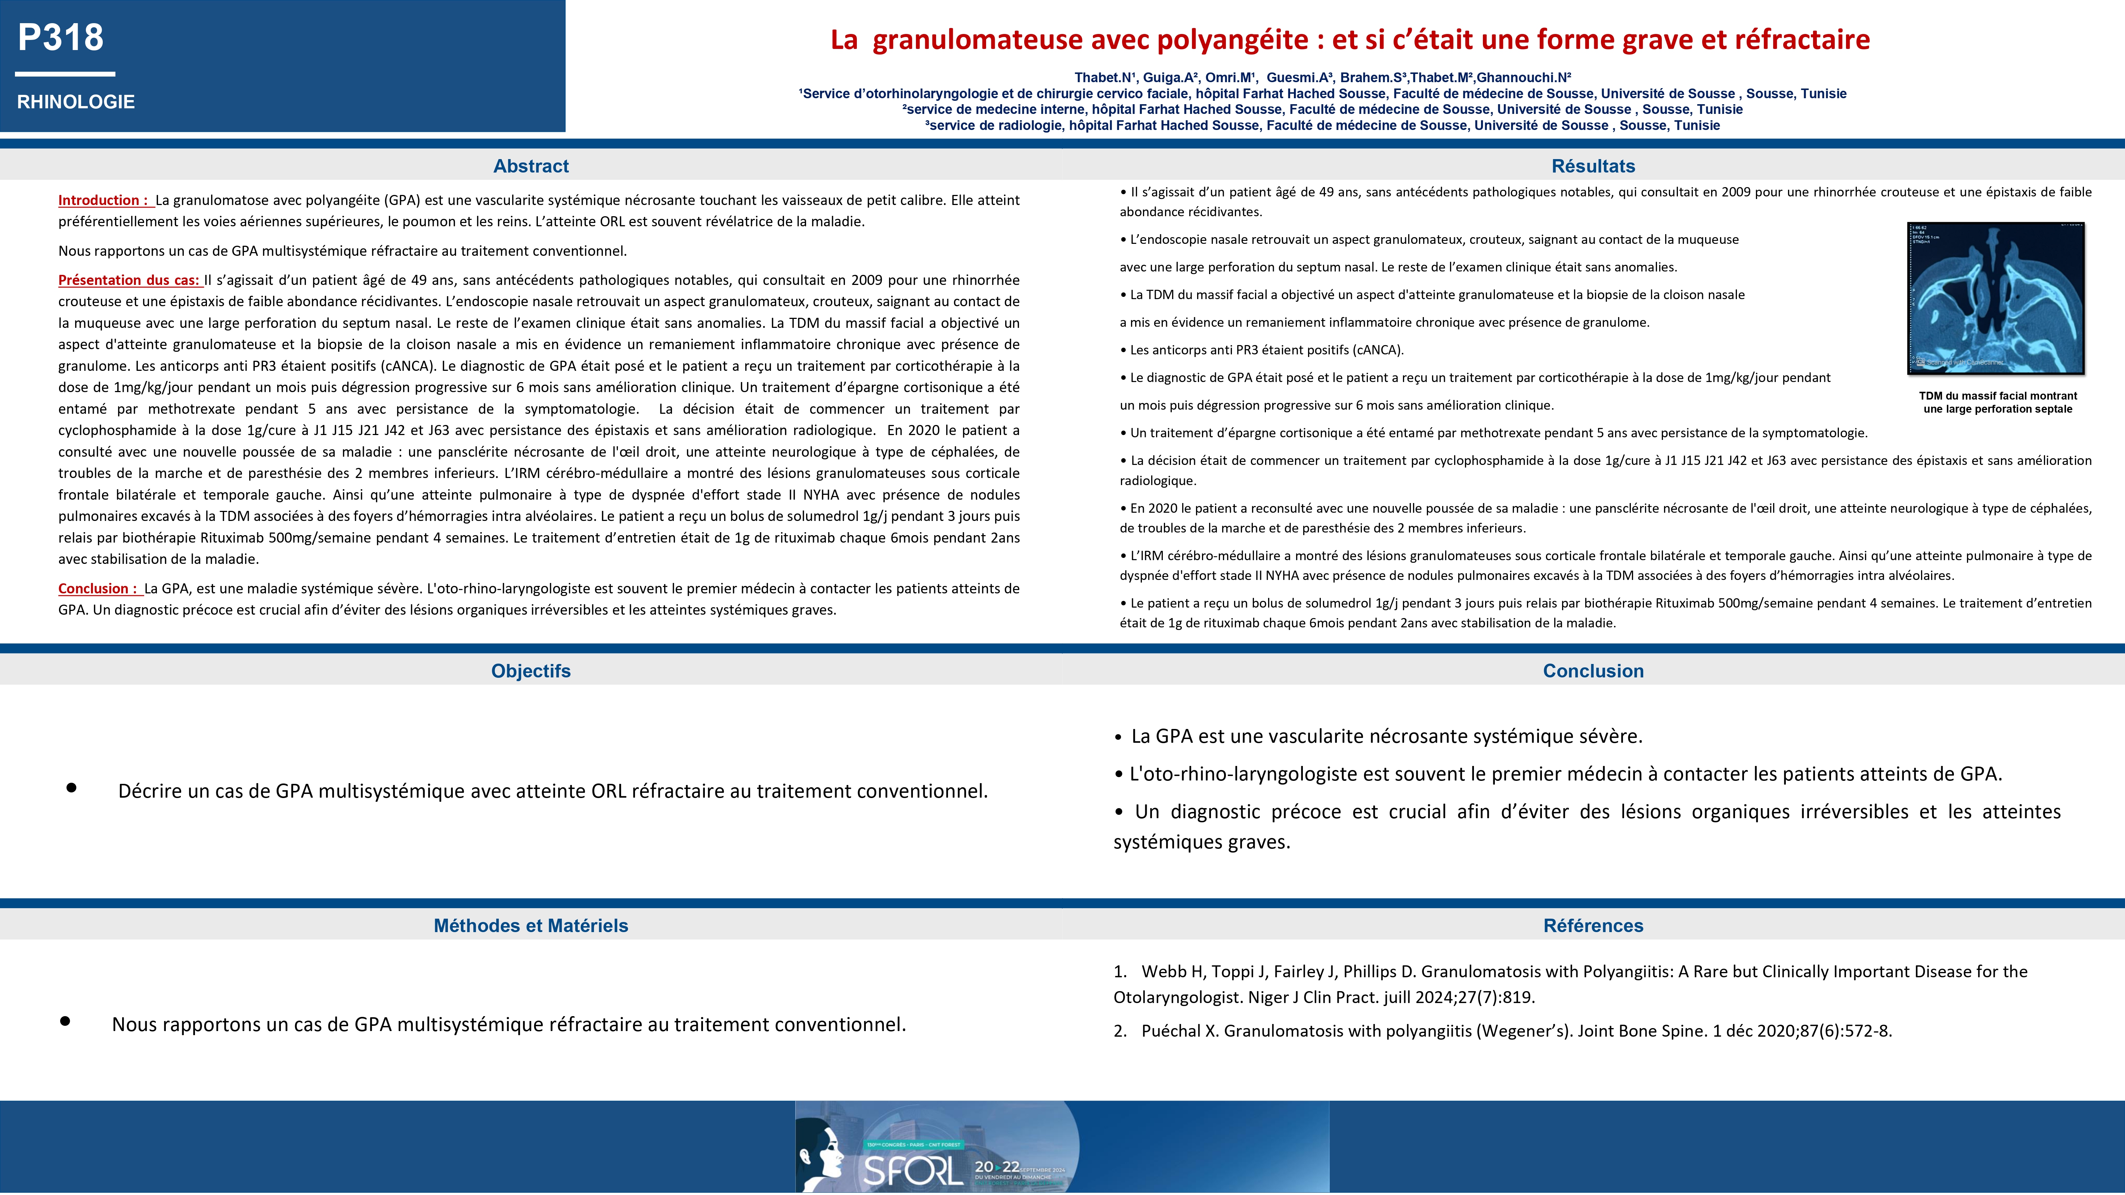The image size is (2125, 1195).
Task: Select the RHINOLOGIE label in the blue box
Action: pos(76,102)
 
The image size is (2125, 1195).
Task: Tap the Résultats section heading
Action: pos(1593,166)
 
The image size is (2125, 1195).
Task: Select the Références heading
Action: pos(1593,925)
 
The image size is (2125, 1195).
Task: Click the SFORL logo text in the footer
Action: pos(911,1170)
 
